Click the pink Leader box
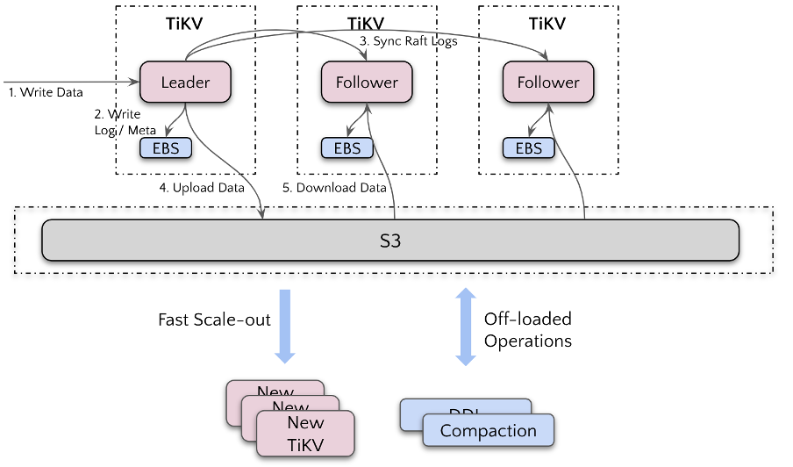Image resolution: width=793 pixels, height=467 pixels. point(185,83)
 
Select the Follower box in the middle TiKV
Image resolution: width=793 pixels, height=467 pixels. point(367,83)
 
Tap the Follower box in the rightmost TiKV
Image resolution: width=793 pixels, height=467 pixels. point(548,83)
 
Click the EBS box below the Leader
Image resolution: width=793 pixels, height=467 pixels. point(166,148)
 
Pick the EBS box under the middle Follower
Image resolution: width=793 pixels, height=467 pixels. point(347,148)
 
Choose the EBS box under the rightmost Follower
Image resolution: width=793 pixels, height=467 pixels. point(529,148)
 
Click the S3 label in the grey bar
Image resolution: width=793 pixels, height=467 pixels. point(390,240)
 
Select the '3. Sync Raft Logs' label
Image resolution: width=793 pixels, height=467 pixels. point(409,41)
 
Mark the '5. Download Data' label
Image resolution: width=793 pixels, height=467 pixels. point(334,188)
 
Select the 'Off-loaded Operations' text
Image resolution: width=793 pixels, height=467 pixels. point(528,329)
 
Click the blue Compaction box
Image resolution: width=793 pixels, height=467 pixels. point(489,430)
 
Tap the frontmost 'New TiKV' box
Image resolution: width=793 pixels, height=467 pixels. point(305,434)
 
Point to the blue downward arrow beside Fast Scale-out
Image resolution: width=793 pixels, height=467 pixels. point(285,325)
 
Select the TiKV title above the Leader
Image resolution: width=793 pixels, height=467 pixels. point(185,24)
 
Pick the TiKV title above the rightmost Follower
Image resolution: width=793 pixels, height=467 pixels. point(548,24)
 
